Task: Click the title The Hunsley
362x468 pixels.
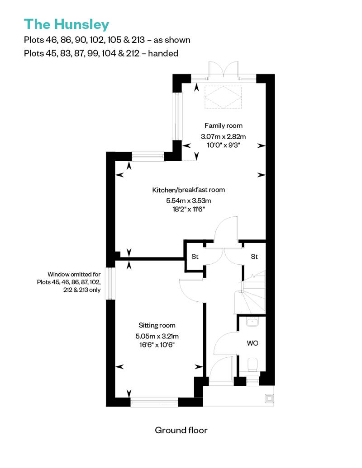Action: point(67,24)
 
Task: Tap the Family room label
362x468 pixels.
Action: point(223,126)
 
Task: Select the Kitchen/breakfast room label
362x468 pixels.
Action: point(188,190)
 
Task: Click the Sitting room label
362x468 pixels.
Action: point(157,325)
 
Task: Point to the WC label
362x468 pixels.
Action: point(252,343)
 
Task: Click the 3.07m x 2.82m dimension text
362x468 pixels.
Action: point(223,137)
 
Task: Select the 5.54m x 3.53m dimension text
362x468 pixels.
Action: point(188,201)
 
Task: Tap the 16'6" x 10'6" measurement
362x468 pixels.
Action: point(157,345)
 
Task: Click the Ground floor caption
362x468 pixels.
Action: point(181,430)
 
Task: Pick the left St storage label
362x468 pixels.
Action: point(195,257)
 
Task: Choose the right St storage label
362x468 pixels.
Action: point(254,257)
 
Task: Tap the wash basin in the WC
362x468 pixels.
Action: point(252,322)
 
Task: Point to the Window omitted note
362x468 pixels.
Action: point(69,282)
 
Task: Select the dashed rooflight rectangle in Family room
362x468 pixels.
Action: point(223,97)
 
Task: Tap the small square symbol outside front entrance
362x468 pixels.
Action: point(269,398)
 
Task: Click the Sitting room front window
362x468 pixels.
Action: point(154,402)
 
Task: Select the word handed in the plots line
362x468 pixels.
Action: point(163,53)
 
